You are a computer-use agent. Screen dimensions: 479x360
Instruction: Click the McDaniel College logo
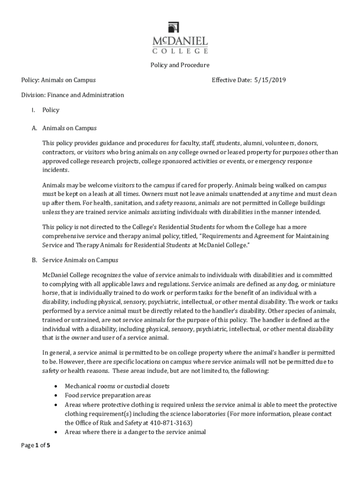180,37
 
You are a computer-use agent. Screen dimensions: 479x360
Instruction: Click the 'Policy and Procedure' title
180,65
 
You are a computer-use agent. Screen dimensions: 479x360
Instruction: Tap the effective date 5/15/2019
270,80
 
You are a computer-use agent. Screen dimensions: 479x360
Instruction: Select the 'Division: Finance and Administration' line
72,95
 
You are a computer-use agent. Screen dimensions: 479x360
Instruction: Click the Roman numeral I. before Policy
32,110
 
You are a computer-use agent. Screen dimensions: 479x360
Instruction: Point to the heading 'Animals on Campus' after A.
69,128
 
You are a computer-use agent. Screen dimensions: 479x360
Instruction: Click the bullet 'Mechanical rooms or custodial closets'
117,386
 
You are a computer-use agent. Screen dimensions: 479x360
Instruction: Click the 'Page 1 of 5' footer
36,445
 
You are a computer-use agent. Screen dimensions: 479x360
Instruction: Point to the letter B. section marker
34,260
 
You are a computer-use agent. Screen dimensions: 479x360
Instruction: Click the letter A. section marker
34,128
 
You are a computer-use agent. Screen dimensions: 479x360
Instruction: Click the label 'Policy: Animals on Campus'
58,80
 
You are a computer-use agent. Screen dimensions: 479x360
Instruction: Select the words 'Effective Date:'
231,80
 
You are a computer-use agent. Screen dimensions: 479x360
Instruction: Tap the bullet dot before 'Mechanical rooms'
56,386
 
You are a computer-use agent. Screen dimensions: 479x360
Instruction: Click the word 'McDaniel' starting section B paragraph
56,275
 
